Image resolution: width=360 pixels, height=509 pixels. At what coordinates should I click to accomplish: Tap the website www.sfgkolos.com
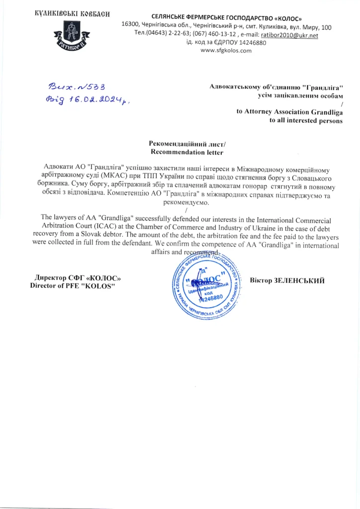coord(226,51)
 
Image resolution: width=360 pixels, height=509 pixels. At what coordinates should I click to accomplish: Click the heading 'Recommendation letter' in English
coord(187,152)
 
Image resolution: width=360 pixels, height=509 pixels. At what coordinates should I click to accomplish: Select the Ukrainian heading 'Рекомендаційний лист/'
coord(187,144)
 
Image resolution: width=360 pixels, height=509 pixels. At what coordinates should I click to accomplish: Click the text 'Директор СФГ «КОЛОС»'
coord(78,278)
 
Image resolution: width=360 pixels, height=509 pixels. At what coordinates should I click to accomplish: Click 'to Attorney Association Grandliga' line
coord(289,112)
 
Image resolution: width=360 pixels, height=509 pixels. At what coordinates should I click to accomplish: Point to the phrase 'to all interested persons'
coord(306,121)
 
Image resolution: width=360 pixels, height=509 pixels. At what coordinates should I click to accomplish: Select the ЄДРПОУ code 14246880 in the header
coord(248,43)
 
